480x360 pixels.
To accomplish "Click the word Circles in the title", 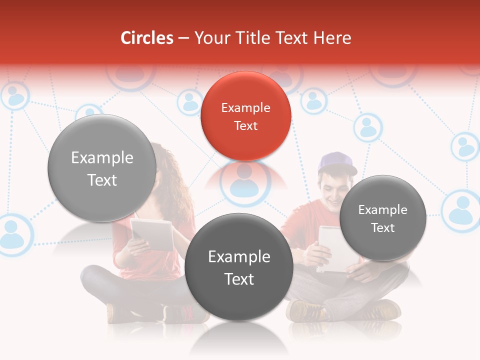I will [147, 38].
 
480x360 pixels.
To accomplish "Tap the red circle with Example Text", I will [245, 116].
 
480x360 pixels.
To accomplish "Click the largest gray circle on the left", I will [102, 168].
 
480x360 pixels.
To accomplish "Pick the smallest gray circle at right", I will [383, 218].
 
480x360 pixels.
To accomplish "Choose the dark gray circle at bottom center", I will [239, 267].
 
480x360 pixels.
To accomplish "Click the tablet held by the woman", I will [152, 234].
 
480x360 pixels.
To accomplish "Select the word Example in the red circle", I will [245, 107].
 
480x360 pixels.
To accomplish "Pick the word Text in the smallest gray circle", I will [383, 227].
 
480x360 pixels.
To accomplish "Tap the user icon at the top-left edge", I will [15, 96].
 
